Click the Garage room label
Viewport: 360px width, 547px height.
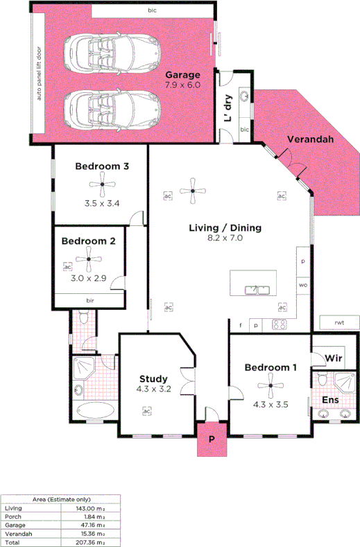point(182,75)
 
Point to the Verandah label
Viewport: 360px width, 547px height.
point(311,139)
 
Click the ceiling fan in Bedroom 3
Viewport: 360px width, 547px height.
point(102,184)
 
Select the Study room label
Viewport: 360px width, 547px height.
point(153,379)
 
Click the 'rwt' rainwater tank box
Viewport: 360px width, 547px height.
point(339,322)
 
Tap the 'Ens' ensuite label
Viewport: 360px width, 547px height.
point(330,400)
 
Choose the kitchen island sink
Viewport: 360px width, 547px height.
point(258,288)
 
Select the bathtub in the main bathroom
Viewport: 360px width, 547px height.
point(93,410)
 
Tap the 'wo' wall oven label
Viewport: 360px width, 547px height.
point(303,285)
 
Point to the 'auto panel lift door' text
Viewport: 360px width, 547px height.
point(40,73)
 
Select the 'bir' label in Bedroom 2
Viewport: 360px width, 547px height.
point(90,300)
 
